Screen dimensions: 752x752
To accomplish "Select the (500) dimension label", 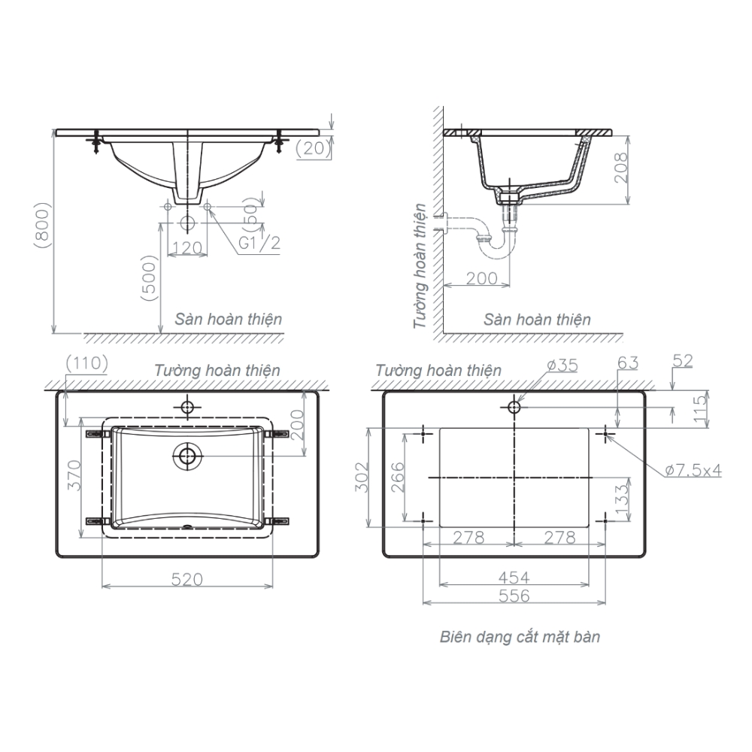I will tap(150, 278).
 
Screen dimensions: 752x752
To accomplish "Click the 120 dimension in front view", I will tap(187, 247).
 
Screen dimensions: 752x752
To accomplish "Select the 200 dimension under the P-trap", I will tap(481, 278).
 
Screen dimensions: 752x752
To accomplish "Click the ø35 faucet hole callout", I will tap(562, 365).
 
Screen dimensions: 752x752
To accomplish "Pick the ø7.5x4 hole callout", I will tap(693, 470).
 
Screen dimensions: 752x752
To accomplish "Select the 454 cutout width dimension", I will tap(514, 577).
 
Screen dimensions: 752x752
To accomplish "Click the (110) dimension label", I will tap(87, 363).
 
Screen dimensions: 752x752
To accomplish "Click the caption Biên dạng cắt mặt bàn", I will tap(520, 637).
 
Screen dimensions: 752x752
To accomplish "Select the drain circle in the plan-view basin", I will tap(187, 455).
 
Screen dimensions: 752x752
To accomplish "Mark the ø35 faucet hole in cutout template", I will tap(514, 408).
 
